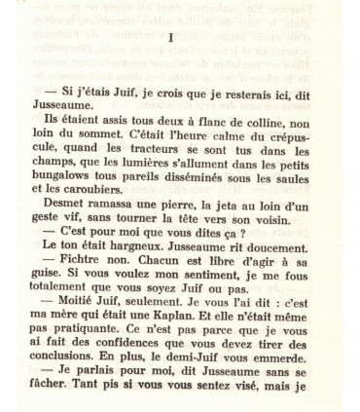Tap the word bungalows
pyautogui.click(x=78, y=177)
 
